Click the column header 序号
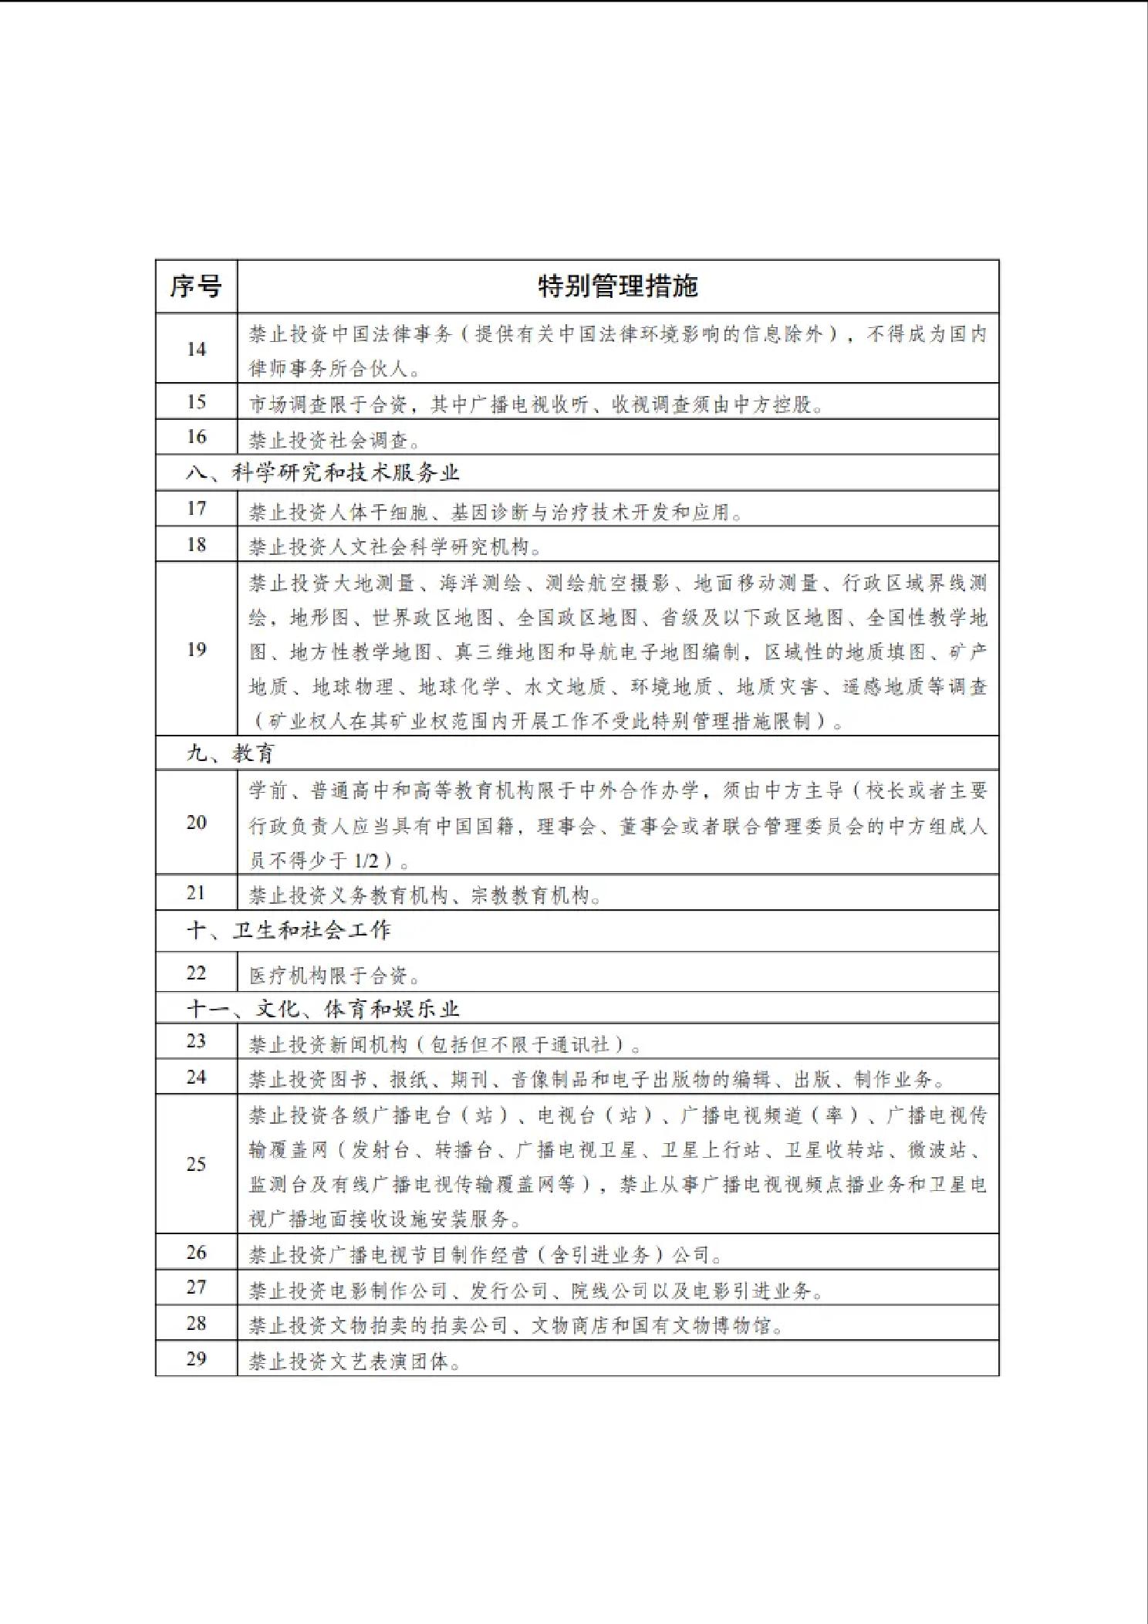click(196, 286)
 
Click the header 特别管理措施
click(617, 286)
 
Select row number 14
click(196, 349)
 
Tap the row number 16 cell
click(196, 437)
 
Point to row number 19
click(196, 649)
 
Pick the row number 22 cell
click(196, 973)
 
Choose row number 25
click(196, 1164)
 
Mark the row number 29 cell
click(196, 1358)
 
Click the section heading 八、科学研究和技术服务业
click(322, 472)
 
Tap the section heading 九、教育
click(230, 753)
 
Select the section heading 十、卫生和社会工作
click(289, 930)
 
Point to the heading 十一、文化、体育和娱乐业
click(322, 1009)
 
